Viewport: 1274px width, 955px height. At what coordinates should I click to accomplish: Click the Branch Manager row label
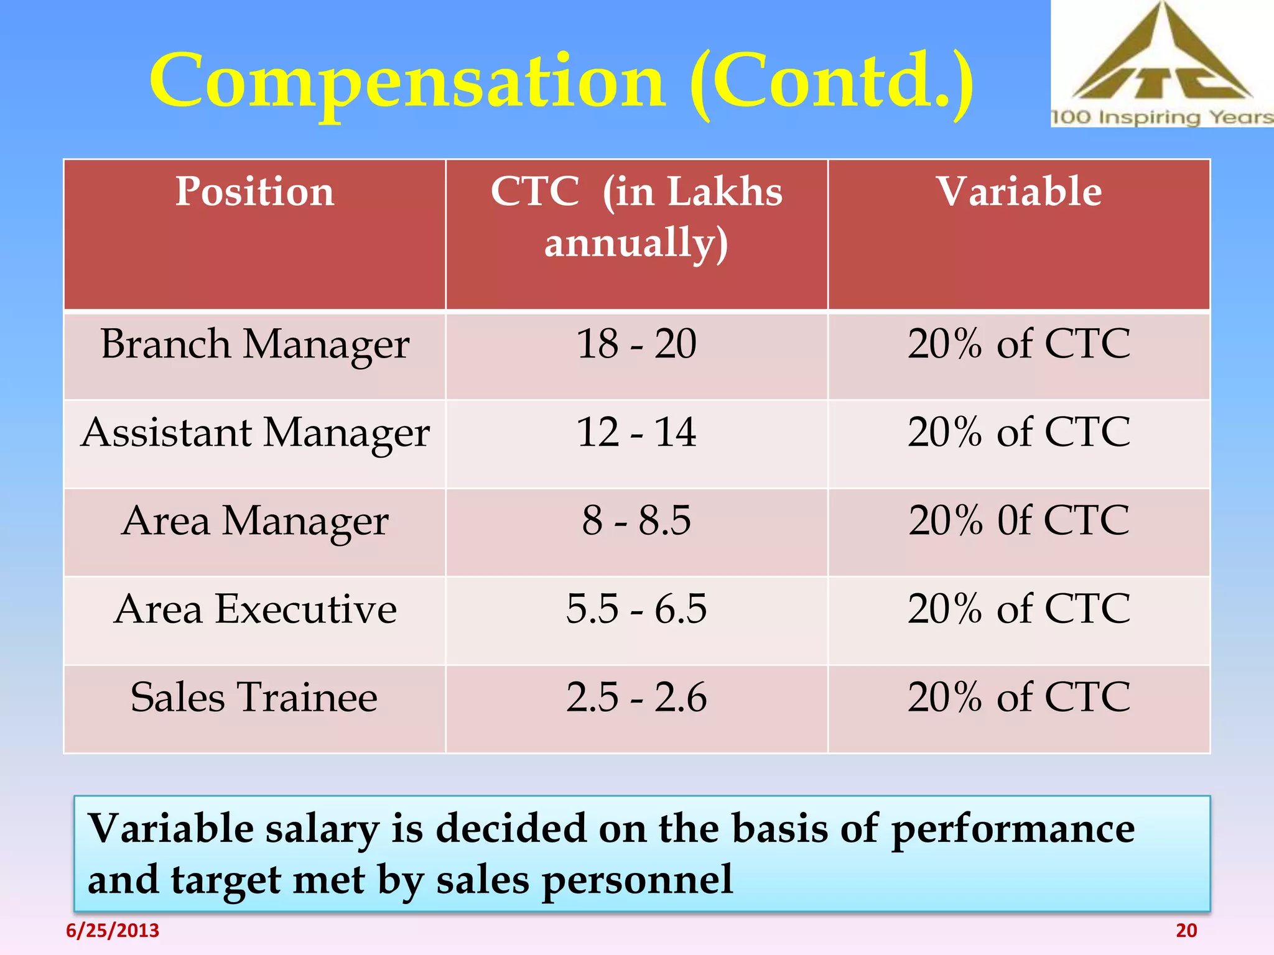pyautogui.click(x=254, y=344)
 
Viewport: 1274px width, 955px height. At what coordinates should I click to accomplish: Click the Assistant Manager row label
pyautogui.click(x=254, y=433)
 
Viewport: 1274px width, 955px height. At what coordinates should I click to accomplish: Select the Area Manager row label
pyautogui.click(x=254, y=521)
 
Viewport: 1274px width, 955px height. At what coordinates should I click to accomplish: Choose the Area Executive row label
pyautogui.click(x=254, y=609)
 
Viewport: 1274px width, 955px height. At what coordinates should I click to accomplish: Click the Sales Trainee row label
pyautogui.click(x=254, y=698)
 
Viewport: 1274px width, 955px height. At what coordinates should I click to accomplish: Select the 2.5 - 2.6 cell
pyautogui.click(x=636, y=697)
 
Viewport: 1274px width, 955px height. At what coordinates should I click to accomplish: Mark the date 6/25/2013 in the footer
pyautogui.click(x=113, y=931)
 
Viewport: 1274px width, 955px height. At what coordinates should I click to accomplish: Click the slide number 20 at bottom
pyautogui.click(x=1186, y=931)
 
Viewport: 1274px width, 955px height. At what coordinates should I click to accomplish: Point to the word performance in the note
pyautogui.click(x=1013, y=830)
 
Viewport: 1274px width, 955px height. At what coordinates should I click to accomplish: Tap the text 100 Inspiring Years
pyautogui.click(x=1161, y=118)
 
